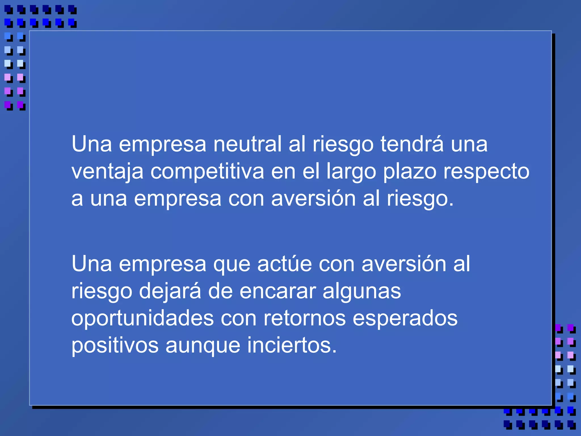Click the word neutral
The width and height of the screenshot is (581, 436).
(247, 144)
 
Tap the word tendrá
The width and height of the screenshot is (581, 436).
(412, 144)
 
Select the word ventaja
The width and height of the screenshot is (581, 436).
(107, 172)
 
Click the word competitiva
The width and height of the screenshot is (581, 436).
(207, 171)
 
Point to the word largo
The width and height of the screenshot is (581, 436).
(351, 172)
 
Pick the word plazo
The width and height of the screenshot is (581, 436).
(410, 172)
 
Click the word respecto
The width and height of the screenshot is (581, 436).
(486, 172)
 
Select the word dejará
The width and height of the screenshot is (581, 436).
(170, 291)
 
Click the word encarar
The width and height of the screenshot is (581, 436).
(277, 291)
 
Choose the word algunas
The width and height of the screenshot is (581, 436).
(362, 291)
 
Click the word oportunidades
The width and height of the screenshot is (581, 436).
(142, 318)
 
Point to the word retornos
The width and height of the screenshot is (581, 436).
(304, 318)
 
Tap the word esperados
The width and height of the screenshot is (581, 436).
(405, 318)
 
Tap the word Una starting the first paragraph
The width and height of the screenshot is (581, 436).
(92, 144)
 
